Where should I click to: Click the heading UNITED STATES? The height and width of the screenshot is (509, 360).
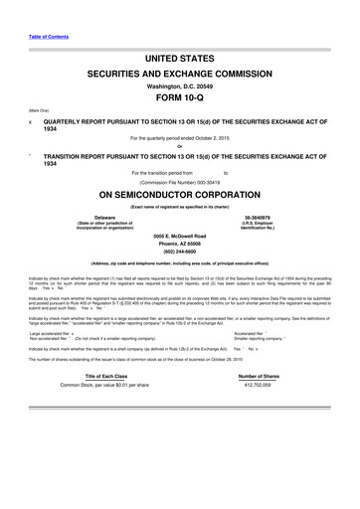click(179, 61)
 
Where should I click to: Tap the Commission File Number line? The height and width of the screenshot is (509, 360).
click(180, 182)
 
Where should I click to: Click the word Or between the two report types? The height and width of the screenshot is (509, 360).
click(180, 148)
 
